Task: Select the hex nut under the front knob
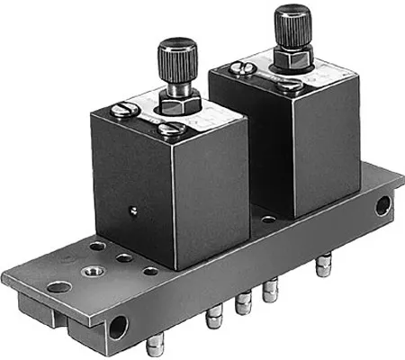click(180, 104)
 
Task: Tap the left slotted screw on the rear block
click(243, 66)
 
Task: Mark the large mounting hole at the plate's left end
click(58, 288)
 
